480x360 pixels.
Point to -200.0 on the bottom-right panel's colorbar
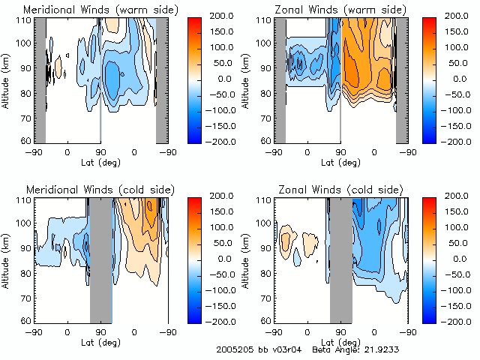[x=461, y=321]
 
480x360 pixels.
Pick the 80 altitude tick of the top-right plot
[x=268, y=94]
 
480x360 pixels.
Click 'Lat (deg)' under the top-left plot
[x=100, y=162]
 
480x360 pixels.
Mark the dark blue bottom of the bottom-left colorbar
[x=190, y=316]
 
